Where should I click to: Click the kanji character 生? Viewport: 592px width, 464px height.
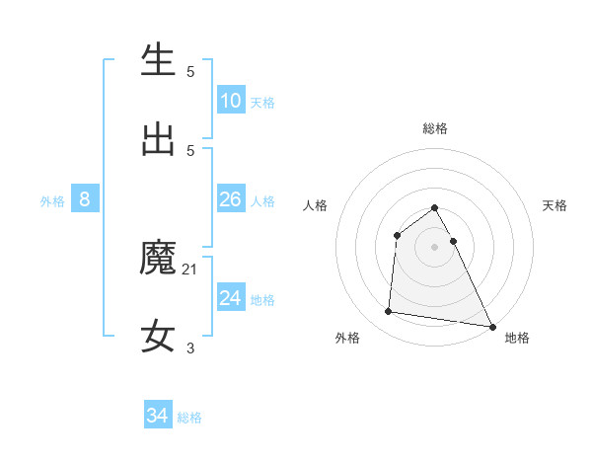[158, 60]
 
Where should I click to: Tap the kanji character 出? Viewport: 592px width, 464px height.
[158, 138]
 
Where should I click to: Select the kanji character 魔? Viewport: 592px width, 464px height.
[158, 258]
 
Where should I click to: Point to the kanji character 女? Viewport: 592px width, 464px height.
[158, 336]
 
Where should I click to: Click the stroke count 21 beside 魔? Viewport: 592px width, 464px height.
[190, 269]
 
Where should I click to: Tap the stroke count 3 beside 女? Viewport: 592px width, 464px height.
[190, 348]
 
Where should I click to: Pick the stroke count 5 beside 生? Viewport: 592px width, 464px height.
[190, 71]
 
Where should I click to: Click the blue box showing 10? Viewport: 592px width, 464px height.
[231, 101]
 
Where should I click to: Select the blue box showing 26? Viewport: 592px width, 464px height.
[231, 199]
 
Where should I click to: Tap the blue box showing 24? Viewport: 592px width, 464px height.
[231, 298]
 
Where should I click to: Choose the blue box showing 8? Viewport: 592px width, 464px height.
[85, 199]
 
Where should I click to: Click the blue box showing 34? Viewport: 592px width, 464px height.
[157, 416]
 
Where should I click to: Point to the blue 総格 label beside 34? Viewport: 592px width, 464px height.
[189, 418]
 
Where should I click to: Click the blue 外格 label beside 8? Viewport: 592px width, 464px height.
[52, 201]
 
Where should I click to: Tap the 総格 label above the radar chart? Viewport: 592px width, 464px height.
[435, 128]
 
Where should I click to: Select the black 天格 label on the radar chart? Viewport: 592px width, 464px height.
[555, 205]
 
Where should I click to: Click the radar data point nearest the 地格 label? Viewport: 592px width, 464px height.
[491, 325]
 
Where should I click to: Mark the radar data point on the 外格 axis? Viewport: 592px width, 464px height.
[389, 312]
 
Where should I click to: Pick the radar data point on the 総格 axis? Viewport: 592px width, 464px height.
[435, 208]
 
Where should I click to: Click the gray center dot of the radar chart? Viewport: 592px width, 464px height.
[435, 246]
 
